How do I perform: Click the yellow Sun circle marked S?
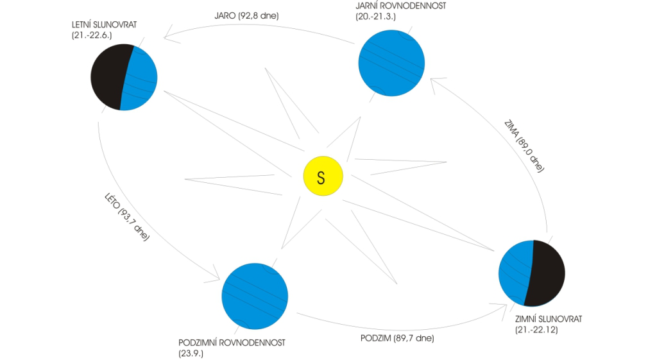coord(323,176)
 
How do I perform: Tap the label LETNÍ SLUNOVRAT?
coord(105,25)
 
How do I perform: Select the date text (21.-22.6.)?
coord(92,36)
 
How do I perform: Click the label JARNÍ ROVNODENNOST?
coord(400,6)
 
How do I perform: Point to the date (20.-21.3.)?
coord(375,17)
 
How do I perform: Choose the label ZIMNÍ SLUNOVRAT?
coord(549,320)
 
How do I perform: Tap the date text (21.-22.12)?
coord(536,330)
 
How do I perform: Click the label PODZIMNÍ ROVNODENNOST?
coord(232,343)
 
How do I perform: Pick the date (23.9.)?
coord(191,354)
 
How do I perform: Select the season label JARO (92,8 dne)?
coord(246,16)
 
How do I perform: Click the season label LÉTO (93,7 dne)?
coord(126,217)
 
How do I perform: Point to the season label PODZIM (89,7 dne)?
coord(397,338)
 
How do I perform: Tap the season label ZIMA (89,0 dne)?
coord(524,146)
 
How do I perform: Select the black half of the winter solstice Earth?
coord(545,273)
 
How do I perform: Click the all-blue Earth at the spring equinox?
coord(391,63)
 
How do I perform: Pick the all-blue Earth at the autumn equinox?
coord(255,296)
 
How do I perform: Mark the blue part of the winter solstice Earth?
coord(515,273)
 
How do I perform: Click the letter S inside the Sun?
coord(321,178)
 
